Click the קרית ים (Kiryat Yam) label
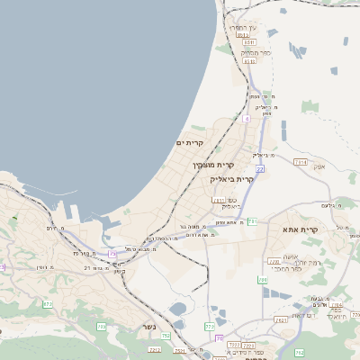190,143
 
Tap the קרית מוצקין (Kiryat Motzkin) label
213,165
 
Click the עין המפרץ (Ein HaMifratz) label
244,29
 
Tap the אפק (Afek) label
319,166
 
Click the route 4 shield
246,118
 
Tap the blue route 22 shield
260,168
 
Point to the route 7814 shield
301,162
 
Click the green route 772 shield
210,327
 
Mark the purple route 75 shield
218,338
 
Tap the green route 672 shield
47,305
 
